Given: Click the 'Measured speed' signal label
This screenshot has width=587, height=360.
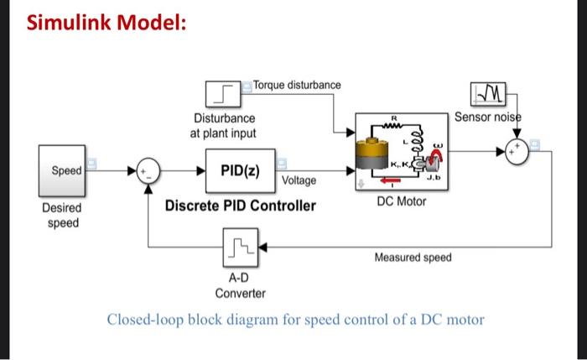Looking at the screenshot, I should (413, 258).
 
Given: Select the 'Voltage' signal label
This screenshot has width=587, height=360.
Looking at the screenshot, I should (300, 180).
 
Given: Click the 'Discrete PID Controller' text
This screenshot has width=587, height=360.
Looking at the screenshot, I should (240, 206).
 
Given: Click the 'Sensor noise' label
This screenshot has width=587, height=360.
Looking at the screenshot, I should (486, 117).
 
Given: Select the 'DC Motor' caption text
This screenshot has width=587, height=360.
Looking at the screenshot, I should (401, 201).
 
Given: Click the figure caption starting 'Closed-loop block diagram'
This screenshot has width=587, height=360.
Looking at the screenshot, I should (295, 320).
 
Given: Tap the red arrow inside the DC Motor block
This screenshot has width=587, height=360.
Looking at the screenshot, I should (388, 179).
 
